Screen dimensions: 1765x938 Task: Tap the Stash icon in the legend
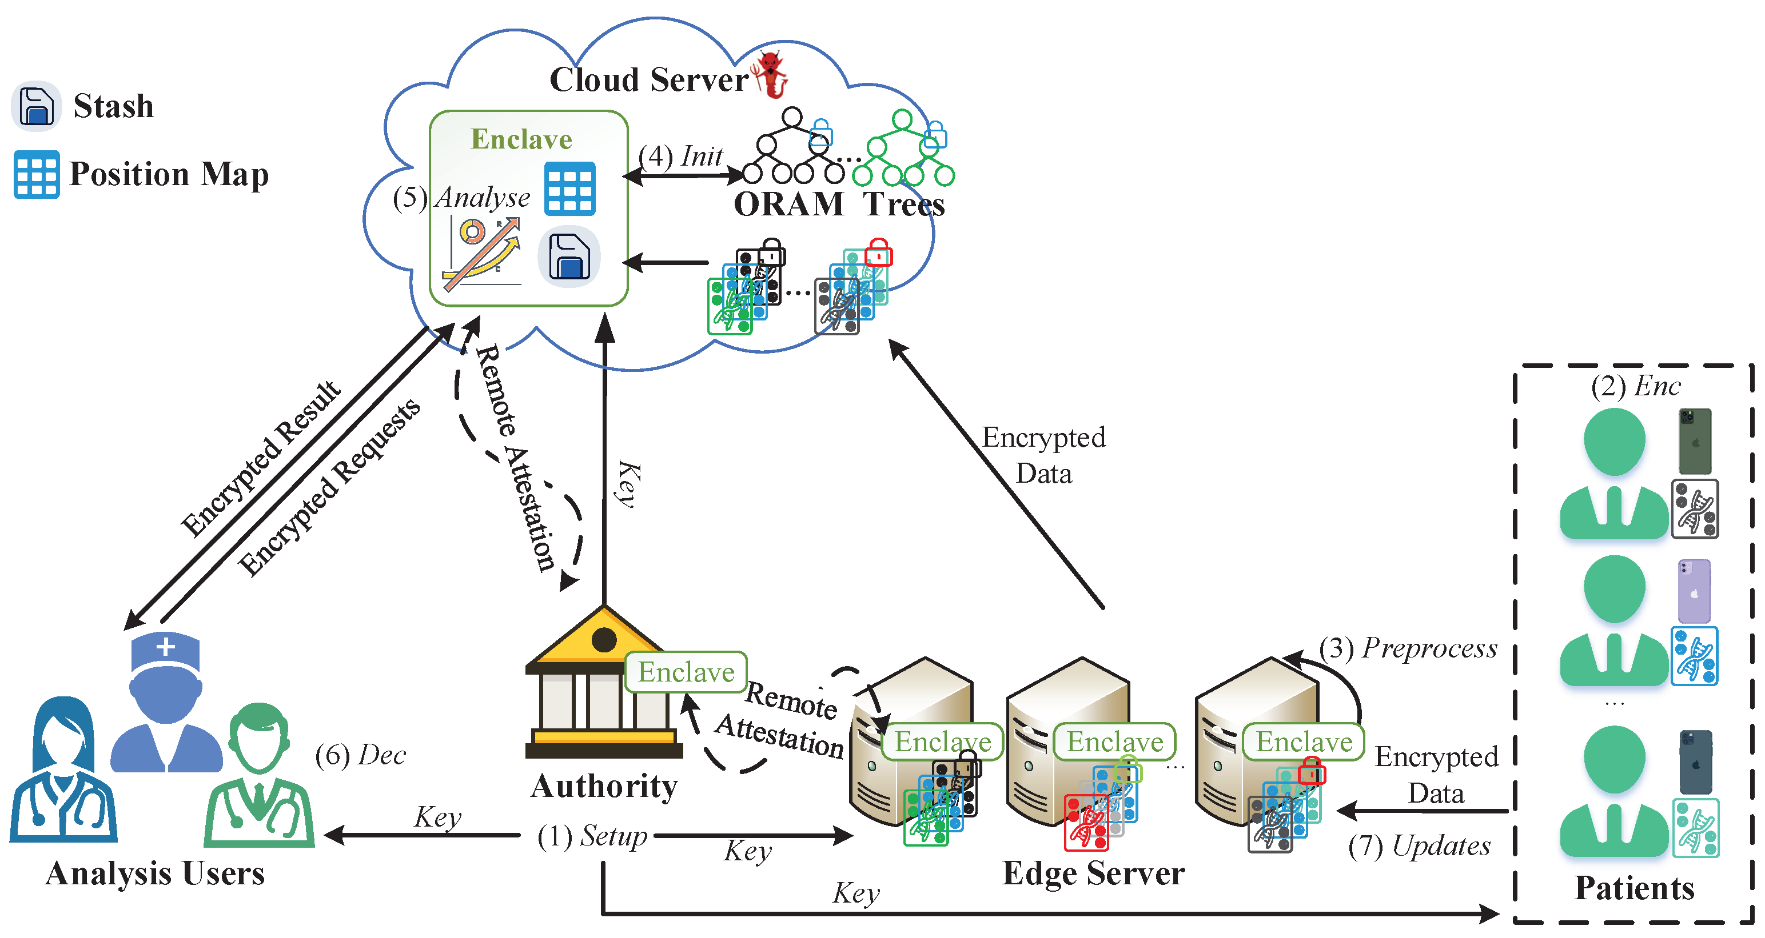37,106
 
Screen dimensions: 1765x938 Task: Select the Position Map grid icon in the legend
37,175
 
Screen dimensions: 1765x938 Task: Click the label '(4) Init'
680,156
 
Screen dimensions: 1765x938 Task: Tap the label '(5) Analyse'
461,197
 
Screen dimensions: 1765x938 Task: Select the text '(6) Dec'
360,755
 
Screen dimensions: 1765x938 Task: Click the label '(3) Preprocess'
1409,648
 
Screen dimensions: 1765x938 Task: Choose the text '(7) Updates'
1419,846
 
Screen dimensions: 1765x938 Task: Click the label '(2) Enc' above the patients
1636,386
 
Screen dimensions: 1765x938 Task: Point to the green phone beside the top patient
1695,442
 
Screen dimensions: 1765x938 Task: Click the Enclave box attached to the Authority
686,672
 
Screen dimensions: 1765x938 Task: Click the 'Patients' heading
1634,888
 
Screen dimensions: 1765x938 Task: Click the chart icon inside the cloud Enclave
481,253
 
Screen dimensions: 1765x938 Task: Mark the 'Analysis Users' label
156,873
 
